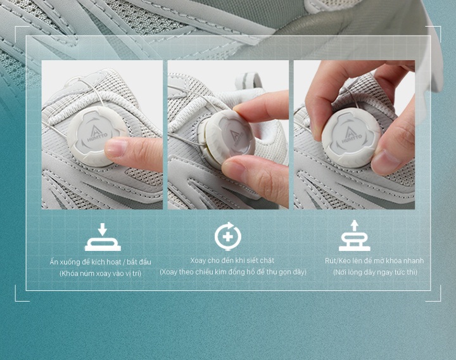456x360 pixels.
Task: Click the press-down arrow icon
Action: click(103, 237)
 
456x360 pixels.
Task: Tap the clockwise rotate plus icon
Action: click(228, 236)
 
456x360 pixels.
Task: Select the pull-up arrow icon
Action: click(355, 236)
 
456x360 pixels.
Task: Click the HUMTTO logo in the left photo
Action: click(98, 134)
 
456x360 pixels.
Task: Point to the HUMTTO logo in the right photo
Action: click(351, 134)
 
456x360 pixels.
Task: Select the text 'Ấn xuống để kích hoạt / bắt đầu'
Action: click(100, 262)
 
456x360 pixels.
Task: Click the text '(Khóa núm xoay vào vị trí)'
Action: click(100, 274)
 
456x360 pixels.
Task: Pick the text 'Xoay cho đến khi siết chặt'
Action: click(232, 260)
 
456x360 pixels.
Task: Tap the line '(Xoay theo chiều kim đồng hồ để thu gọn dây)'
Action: click(233, 272)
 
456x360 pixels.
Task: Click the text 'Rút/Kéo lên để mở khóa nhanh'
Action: click(374, 260)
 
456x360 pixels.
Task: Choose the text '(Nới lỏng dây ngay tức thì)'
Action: click(375, 272)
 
